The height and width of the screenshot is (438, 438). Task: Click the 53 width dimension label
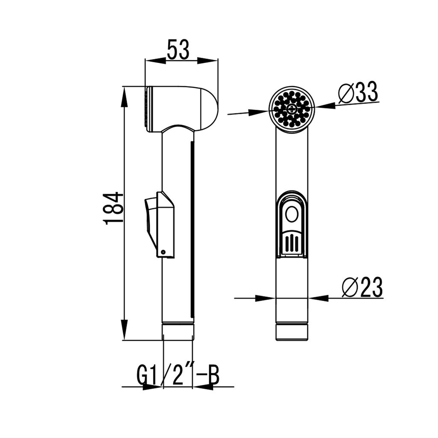pyautogui.click(x=178, y=50)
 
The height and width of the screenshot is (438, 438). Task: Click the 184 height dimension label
pyautogui.click(x=113, y=208)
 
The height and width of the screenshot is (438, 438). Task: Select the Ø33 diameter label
pyautogui.click(x=358, y=92)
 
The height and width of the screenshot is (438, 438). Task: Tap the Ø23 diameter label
pyautogui.click(x=362, y=287)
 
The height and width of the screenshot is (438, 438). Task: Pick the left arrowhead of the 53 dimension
pyautogui.click(x=155, y=61)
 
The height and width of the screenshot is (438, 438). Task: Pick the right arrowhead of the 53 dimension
pyautogui.click(x=208, y=61)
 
